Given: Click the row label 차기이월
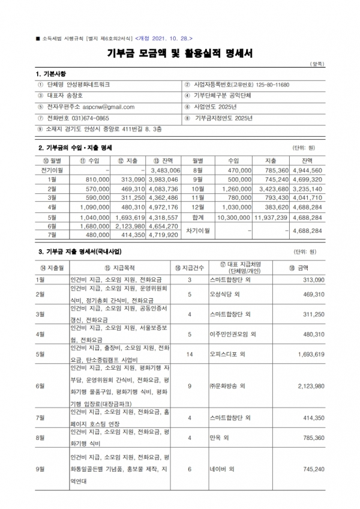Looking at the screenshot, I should pyautogui.click(x=198, y=230).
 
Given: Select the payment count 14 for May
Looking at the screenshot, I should pyautogui.click(x=189, y=354).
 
